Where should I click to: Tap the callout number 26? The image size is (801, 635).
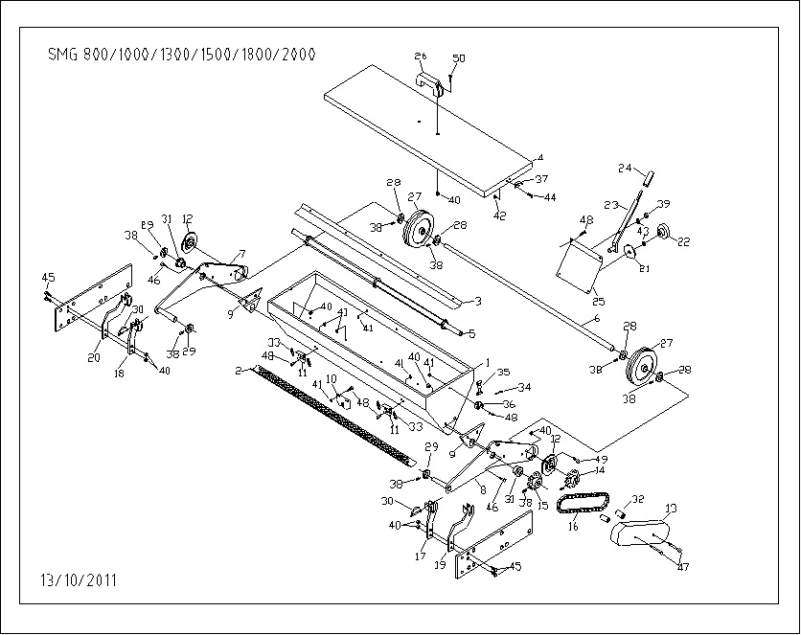click(x=420, y=57)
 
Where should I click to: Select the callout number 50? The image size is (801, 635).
click(x=458, y=59)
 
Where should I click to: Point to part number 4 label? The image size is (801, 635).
click(x=539, y=157)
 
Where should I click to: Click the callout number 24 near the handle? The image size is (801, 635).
click(x=625, y=170)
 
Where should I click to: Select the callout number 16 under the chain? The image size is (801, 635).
click(x=573, y=526)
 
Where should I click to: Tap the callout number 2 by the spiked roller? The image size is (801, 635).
click(x=238, y=369)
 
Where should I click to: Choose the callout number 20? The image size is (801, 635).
click(x=94, y=358)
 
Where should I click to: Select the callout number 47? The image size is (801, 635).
click(x=682, y=568)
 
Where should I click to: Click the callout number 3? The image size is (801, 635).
click(x=477, y=302)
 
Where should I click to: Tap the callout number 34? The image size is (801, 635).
click(x=523, y=388)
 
